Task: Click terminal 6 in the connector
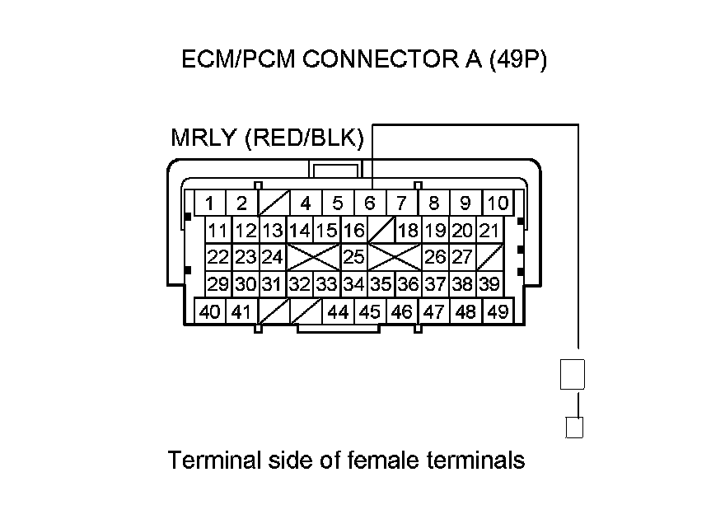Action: pos(370,203)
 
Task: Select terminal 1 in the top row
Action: pos(211,203)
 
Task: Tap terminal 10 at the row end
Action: pos(498,203)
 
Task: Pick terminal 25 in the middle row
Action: pos(354,257)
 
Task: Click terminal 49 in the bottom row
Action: pos(497,312)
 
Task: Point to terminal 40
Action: pos(210,312)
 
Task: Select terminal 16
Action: pos(354,230)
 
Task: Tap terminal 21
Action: pos(489,230)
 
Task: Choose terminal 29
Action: pos(218,284)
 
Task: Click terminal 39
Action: pos(489,284)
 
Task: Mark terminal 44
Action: pos(338,312)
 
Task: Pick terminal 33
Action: pos(327,284)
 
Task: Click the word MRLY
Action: pos(203,138)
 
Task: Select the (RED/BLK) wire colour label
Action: pos(304,138)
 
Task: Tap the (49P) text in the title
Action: pos(517,60)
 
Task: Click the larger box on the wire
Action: pos(573,374)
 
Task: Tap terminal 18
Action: pos(408,230)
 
